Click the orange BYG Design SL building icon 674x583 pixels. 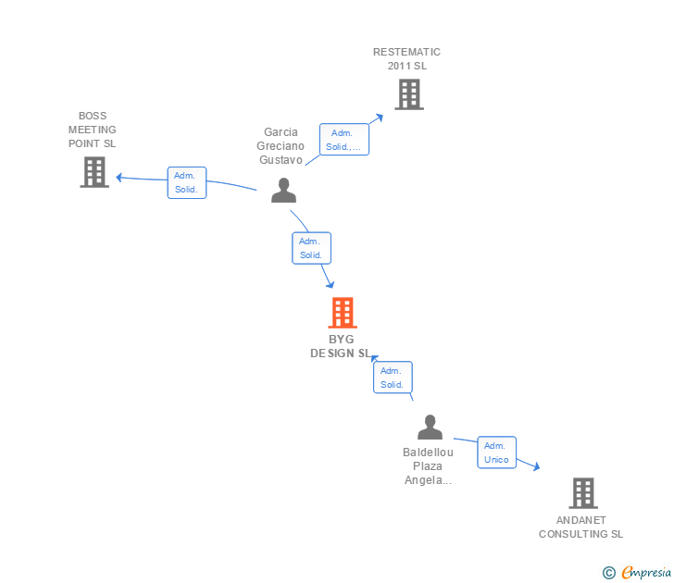click(x=343, y=313)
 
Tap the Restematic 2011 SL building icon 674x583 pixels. click(x=409, y=94)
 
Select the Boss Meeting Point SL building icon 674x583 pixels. click(x=94, y=172)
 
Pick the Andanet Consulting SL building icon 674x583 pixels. click(x=582, y=493)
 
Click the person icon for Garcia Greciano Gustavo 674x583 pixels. click(x=283, y=190)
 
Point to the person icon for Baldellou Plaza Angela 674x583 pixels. click(x=430, y=428)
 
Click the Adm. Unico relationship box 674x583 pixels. click(x=496, y=453)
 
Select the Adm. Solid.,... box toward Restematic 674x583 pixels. click(x=344, y=140)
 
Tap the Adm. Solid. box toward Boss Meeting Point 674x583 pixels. click(x=186, y=182)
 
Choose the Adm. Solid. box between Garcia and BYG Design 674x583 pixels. click(x=311, y=248)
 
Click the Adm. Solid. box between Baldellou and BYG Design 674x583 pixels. click(x=393, y=378)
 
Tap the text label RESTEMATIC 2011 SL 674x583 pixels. click(x=406, y=58)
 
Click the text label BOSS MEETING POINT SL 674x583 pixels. click(x=93, y=130)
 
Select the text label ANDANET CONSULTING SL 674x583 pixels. click(x=581, y=527)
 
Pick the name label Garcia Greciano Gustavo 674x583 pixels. click(x=281, y=145)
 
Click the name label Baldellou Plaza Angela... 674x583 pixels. click(x=428, y=466)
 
